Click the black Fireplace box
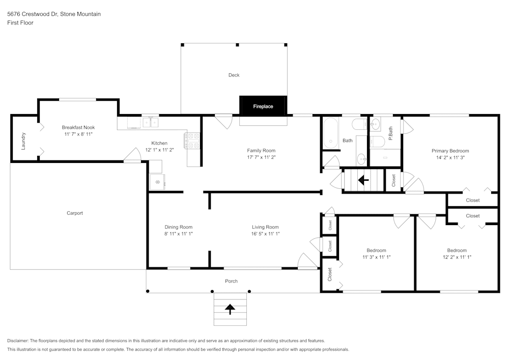[x=263, y=106]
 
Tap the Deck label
[x=234, y=75]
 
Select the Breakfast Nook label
[x=78, y=127]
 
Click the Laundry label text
[x=23, y=141]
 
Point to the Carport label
[x=74, y=213]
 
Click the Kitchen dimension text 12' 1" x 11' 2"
[x=159, y=150]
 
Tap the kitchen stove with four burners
[x=194, y=141]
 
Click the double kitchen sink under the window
[x=151, y=122]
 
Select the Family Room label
[x=261, y=150]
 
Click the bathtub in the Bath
[x=331, y=133]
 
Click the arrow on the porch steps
[x=230, y=308]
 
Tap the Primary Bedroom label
[x=450, y=151]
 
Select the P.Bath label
[x=390, y=133]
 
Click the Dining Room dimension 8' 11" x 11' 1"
[x=178, y=234]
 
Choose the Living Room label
[x=265, y=227]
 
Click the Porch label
[x=231, y=281]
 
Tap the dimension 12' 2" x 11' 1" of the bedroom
[x=457, y=257]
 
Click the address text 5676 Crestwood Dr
[x=33, y=14]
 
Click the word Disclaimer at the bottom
[x=18, y=341]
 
